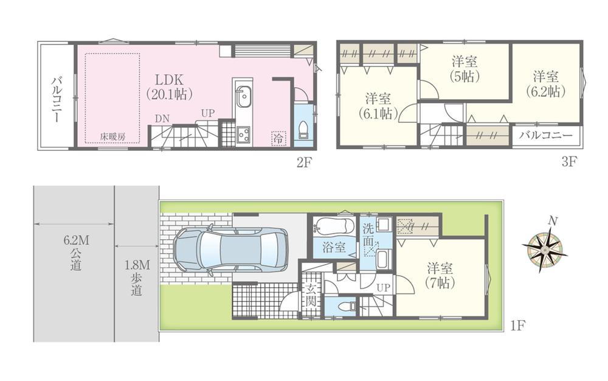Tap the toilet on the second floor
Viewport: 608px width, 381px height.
304,130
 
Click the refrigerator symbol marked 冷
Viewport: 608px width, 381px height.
278,138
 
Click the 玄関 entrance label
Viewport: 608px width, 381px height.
310,295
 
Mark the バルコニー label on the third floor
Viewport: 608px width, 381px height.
545,135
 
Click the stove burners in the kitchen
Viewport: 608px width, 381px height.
244,133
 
